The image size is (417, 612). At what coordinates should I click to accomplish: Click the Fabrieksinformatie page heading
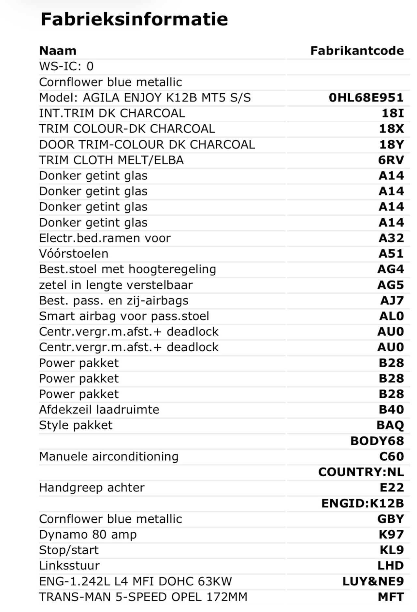click(134, 19)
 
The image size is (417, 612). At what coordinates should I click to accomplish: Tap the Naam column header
click(58, 51)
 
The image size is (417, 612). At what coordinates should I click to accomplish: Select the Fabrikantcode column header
click(357, 51)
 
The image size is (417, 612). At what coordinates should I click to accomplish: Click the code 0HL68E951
click(366, 98)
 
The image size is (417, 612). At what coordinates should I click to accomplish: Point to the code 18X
click(391, 129)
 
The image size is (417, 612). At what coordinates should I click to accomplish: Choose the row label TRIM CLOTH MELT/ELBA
click(111, 160)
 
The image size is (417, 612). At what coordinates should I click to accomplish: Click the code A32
click(391, 238)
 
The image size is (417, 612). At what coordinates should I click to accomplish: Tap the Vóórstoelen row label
click(74, 254)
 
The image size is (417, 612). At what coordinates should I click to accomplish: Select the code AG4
click(391, 269)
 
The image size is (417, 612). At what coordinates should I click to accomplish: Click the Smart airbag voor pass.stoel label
click(124, 316)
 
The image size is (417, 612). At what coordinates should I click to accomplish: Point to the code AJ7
click(392, 300)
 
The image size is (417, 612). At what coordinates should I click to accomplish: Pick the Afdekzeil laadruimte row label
click(99, 410)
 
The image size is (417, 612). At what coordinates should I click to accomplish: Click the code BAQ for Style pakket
click(390, 425)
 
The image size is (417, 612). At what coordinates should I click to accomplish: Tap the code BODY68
click(377, 441)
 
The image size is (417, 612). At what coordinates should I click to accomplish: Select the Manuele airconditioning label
click(109, 457)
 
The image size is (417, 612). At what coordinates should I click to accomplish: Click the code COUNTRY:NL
click(361, 472)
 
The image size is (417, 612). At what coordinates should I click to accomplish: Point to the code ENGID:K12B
click(363, 503)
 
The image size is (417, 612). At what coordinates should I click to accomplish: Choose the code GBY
click(391, 519)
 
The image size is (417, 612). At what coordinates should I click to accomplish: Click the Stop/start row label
click(69, 550)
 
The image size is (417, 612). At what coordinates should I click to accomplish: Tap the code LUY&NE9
click(373, 581)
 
